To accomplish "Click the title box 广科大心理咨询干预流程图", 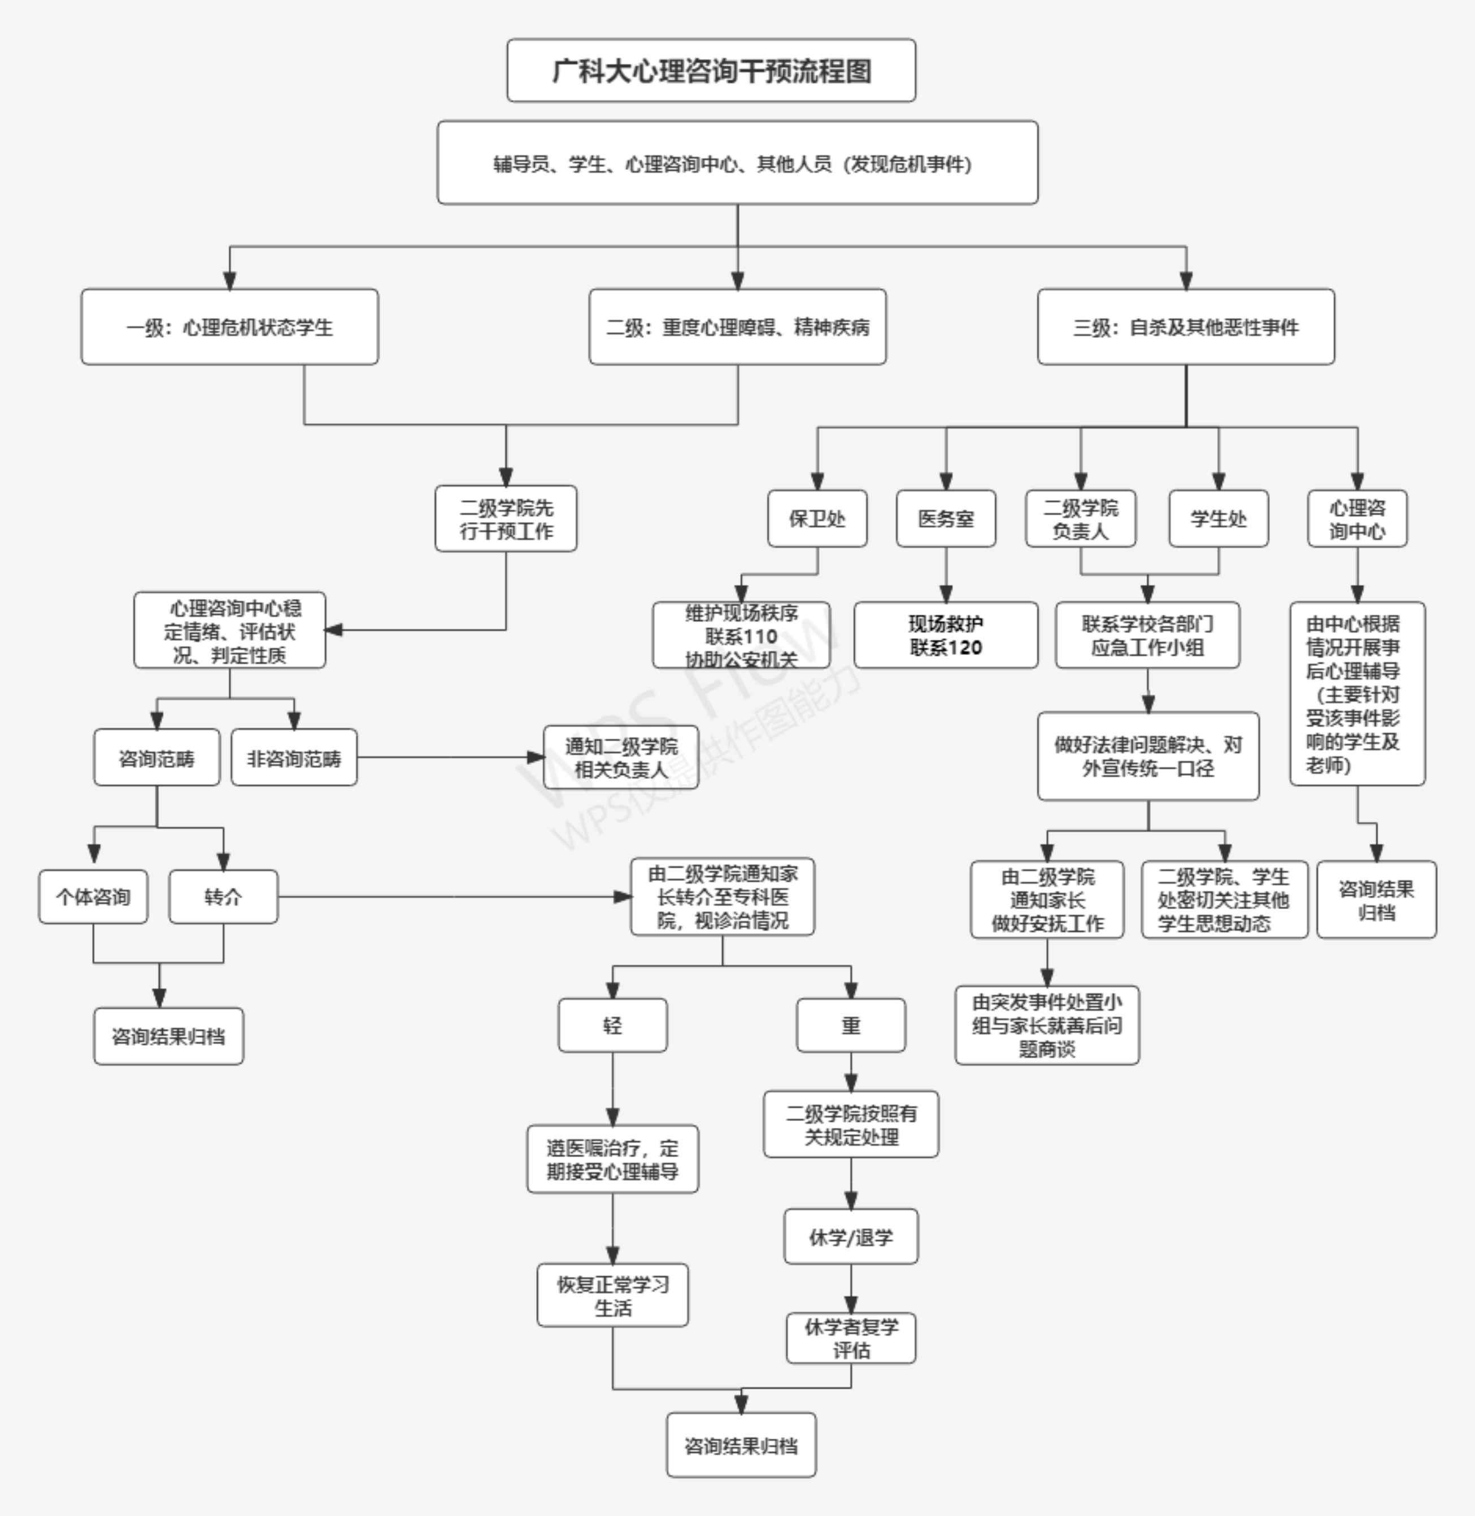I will pyautogui.click(x=711, y=71).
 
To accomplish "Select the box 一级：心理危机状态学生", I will pyautogui.click(x=229, y=327).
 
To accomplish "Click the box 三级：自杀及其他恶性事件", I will pyautogui.click(x=1185, y=327).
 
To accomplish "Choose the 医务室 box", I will pyautogui.click(x=945, y=518).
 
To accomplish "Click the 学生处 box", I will pyautogui.click(x=1218, y=518).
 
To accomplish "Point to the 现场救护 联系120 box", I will pyautogui.click(x=945, y=635).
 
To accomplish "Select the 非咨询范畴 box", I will pyautogui.click(x=294, y=758).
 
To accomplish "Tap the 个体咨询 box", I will pyautogui.click(x=93, y=896).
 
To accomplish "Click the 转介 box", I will pyautogui.click(x=223, y=896).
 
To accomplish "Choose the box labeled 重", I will pyautogui.click(x=851, y=1025).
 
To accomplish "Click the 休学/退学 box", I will pyautogui.click(x=851, y=1237).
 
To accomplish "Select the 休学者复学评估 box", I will pyautogui.click(x=851, y=1338).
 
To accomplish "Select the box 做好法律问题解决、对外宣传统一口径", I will pyautogui.click(x=1147, y=756).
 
